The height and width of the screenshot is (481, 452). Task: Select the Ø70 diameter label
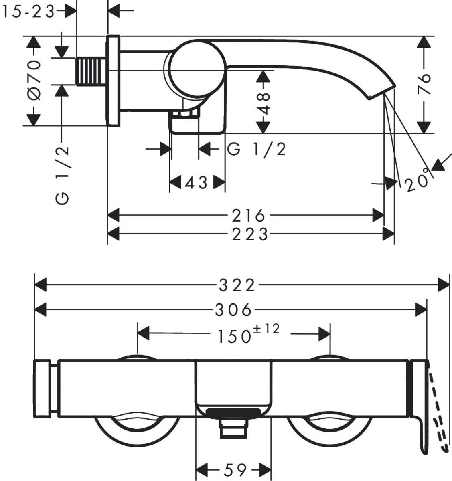[34, 80]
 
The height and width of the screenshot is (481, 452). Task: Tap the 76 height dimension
[424, 84]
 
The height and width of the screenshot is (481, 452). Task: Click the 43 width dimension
[196, 183]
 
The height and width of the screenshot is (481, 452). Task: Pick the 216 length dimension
[249, 216]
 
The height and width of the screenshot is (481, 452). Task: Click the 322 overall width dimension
[237, 285]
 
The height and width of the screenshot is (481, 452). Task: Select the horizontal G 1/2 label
[257, 150]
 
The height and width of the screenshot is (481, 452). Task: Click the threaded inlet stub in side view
[91, 71]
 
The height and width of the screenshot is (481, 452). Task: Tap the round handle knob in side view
[196, 69]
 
